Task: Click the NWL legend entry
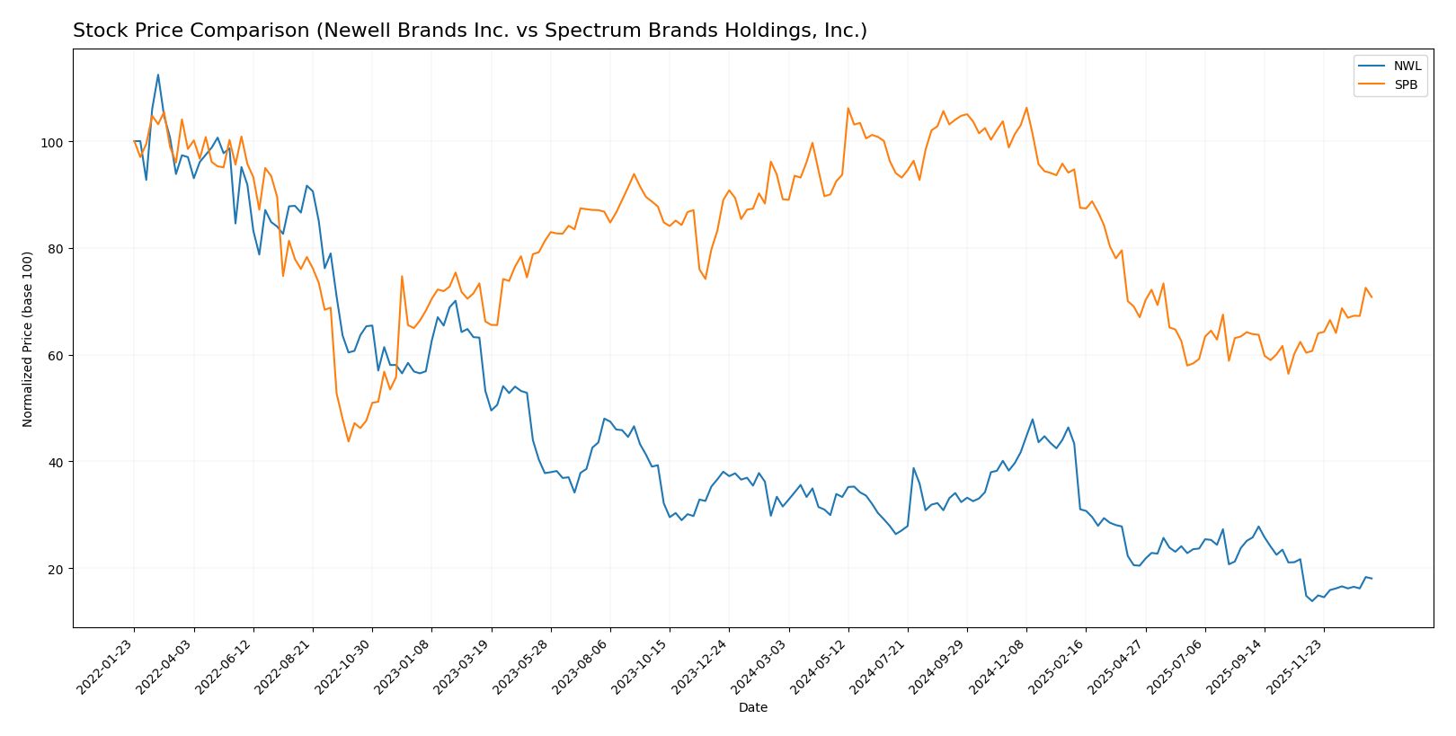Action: tap(1407, 67)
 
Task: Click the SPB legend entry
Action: tap(1406, 85)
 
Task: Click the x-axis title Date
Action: tap(752, 708)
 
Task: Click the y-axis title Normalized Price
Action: tap(28, 339)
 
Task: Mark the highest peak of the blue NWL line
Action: tap(158, 75)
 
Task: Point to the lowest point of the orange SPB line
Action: tap(349, 441)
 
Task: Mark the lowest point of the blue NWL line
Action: tap(1311, 600)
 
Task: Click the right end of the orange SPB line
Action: tap(1371, 297)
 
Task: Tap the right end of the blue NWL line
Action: tap(1371, 579)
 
